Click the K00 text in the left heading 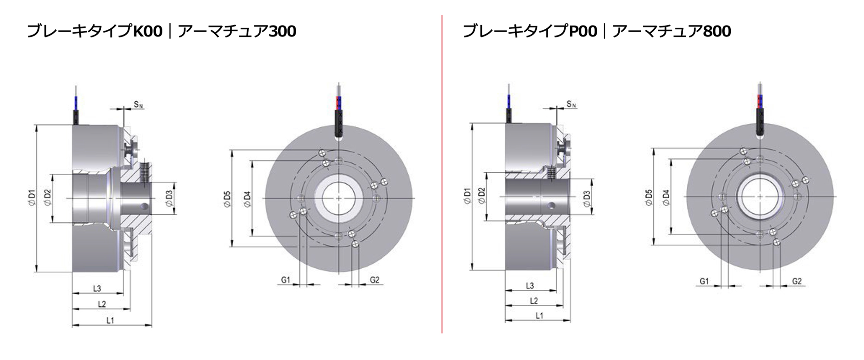click(148, 31)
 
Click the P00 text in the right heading click(583, 31)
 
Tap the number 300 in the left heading click(282, 31)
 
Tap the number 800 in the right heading click(716, 31)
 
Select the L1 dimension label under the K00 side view click(110, 320)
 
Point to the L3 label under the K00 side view click(97, 288)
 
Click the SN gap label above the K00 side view click(139, 105)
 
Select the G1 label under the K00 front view click(286, 280)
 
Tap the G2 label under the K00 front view click(374, 280)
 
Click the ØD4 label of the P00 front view click(666, 198)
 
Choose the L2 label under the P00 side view click(534, 301)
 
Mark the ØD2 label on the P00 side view click(482, 196)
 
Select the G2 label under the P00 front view click(796, 281)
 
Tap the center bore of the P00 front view click(760, 197)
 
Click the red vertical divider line click(442, 174)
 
